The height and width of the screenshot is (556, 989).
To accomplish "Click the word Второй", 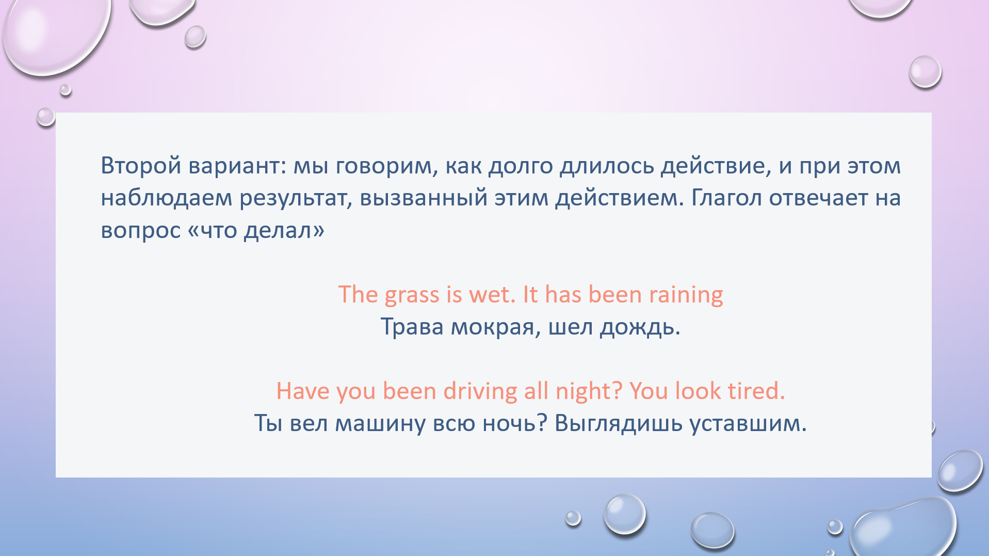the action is [x=141, y=166].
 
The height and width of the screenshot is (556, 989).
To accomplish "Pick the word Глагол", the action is [x=726, y=198].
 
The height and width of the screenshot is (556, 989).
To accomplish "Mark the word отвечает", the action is [x=818, y=198].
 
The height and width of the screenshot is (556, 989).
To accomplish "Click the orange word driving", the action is [x=480, y=391].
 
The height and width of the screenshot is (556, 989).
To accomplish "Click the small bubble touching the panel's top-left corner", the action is [x=46, y=117].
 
